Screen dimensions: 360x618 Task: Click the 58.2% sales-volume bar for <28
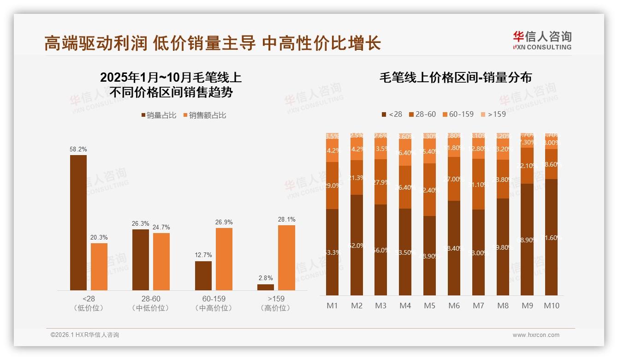click(x=78, y=222)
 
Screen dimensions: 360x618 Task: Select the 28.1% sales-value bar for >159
click(x=286, y=258)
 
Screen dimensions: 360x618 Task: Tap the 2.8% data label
click(x=266, y=278)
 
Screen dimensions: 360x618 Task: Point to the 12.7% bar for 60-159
click(x=203, y=276)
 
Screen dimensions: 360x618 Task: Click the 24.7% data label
click(x=161, y=227)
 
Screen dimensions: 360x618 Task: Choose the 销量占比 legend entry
click(x=159, y=115)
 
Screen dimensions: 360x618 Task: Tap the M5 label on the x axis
click(x=429, y=306)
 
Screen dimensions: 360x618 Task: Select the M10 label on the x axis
click(x=551, y=306)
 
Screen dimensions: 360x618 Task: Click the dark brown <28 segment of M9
click(x=527, y=239)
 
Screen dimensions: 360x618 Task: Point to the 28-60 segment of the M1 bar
click(x=332, y=185)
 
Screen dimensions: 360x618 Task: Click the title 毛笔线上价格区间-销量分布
click(x=455, y=78)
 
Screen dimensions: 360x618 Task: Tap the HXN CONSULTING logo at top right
click(x=542, y=40)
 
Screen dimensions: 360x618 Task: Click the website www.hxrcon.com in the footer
click(x=535, y=335)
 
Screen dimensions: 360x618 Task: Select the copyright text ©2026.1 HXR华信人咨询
click(x=85, y=335)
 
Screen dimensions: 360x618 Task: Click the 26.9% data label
click(x=224, y=222)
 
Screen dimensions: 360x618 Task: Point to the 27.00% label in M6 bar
click(x=454, y=179)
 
